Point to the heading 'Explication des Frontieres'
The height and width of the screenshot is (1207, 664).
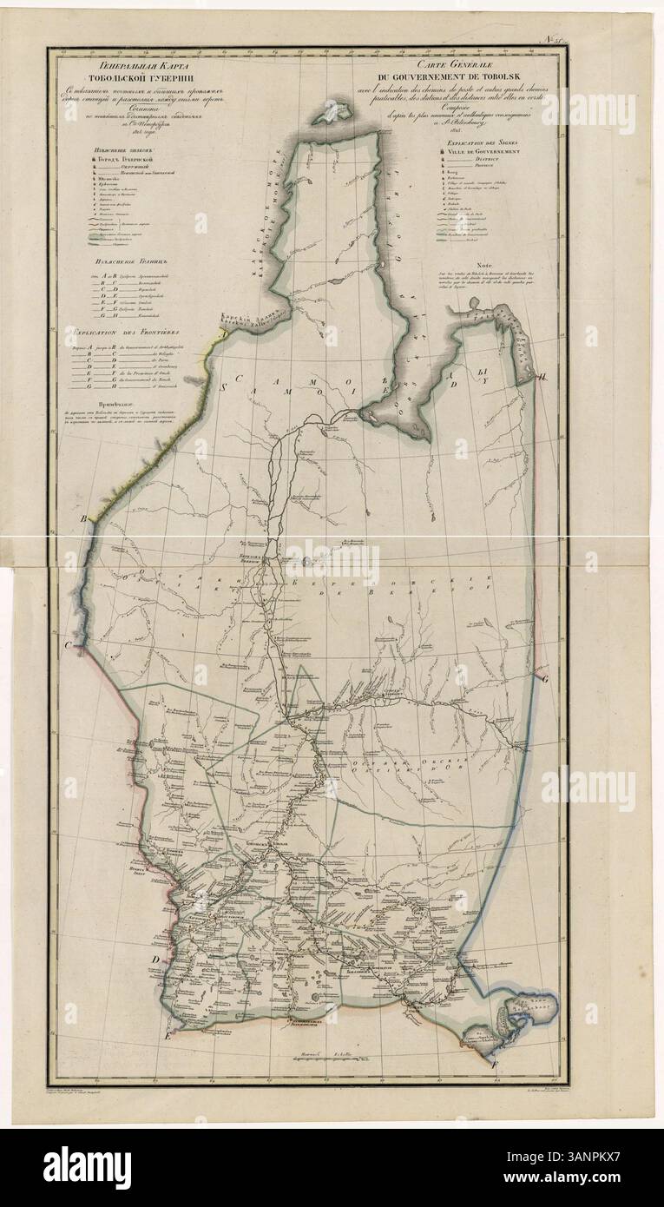[123, 331]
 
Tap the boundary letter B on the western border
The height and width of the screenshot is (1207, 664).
[84, 518]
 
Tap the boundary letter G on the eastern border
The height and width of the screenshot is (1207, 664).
[544, 680]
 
